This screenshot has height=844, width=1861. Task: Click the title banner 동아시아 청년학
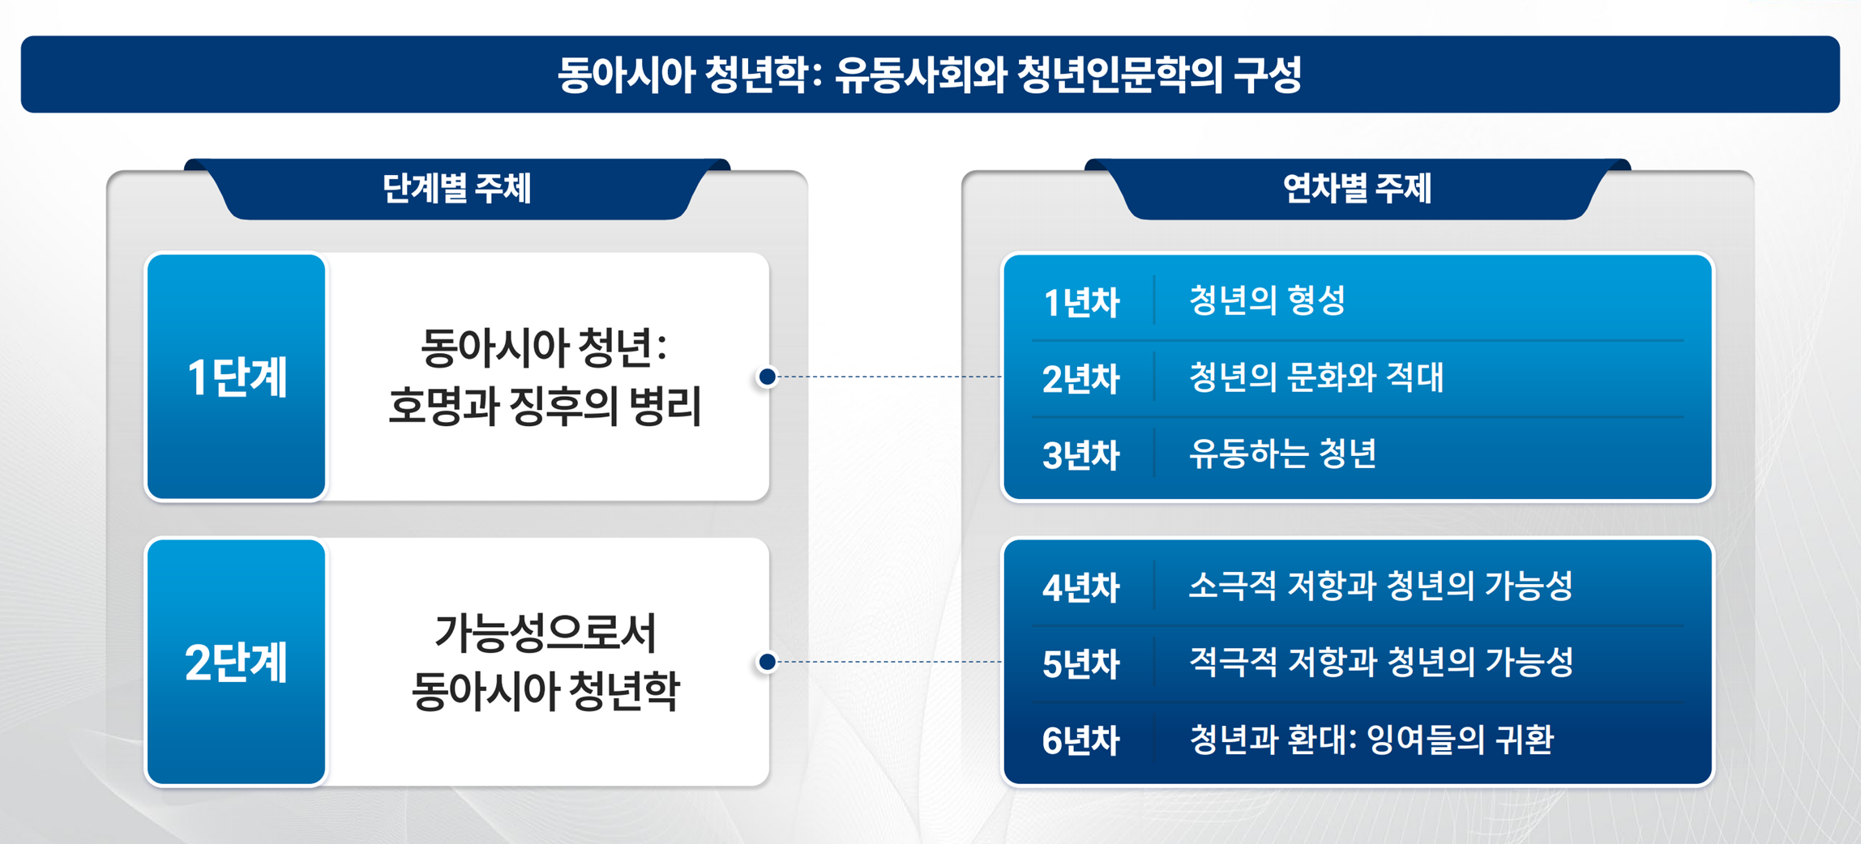pos(930,74)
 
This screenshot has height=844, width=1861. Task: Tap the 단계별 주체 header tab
pos(457,189)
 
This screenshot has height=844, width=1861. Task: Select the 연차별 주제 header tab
pos(1357,189)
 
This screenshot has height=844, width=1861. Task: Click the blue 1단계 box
pos(236,377)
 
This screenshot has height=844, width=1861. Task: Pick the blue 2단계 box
pos(236,662)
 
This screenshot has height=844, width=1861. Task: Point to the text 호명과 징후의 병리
pos(545,406)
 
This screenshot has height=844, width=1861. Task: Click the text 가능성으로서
pos(545,633)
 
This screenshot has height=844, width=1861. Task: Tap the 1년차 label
pos(1081,302)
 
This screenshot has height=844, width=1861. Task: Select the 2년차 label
pos(1081,378)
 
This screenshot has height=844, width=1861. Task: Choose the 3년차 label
pos(1081,454)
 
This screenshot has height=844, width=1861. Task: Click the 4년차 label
pos(1081,587)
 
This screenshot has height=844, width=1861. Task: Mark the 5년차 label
pos(1081,663)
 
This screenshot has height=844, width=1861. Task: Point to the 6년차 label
pos(1081,740)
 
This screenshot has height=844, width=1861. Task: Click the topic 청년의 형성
pos(1267,301)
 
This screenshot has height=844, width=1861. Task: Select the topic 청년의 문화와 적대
pos(1316,377)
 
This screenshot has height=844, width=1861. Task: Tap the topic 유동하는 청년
pos(1282,453)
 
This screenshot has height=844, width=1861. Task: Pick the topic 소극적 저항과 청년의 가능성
pos(1381,586)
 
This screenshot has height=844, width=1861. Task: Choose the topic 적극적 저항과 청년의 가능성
pos(1381,662)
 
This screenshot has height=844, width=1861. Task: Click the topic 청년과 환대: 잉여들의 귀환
pos(1371,739)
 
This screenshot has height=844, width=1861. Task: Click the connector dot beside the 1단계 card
pos(767,377)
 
